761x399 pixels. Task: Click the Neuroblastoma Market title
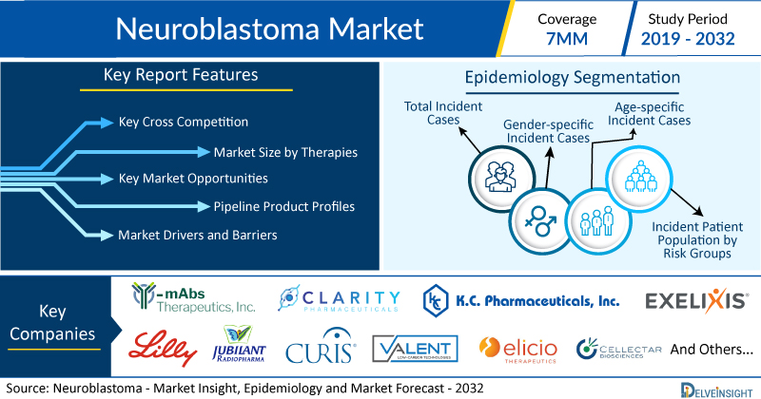pos(269,29)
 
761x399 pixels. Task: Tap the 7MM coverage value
pos(567,39)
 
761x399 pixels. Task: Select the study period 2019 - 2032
pos(688,39)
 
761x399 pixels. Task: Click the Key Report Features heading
pos(181,75)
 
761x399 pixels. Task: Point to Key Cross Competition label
pos(184,122)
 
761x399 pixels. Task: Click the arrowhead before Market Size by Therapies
pos(204,152)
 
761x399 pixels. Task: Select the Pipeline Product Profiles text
pos(283,207)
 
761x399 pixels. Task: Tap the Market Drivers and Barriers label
pos(198,236)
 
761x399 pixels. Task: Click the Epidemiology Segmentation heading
pos(573,78)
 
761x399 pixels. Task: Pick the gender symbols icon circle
pos(540,221)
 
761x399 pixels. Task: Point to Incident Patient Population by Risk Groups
pos(697,240)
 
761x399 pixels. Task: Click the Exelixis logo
pos(696,300)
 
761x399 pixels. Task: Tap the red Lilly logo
pos(163,348)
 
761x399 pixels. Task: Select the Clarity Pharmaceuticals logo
pos(339,298)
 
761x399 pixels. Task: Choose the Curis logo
pos(321,347)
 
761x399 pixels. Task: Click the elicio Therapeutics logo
pos(517,350)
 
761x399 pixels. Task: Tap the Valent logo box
pos(415,349)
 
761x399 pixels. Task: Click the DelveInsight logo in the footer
pos(717,390)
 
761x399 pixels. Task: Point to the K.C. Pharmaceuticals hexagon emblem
pos(436,300)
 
